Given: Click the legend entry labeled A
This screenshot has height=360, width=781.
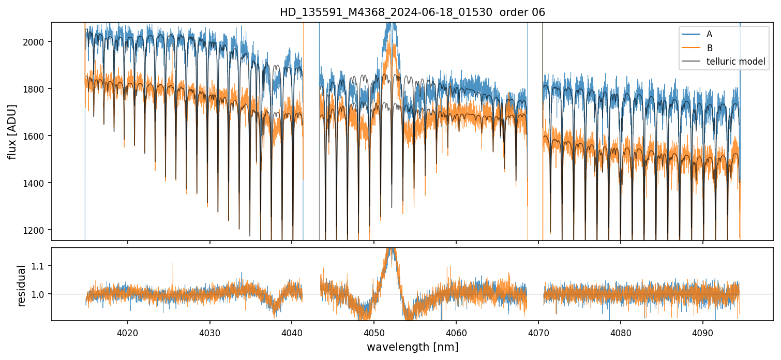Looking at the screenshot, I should point(709,34).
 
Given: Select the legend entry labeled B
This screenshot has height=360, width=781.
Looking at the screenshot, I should point(709,48).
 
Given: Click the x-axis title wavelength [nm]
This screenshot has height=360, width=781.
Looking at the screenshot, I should point(412,347).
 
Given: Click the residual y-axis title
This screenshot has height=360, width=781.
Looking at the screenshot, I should point(22,285).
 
